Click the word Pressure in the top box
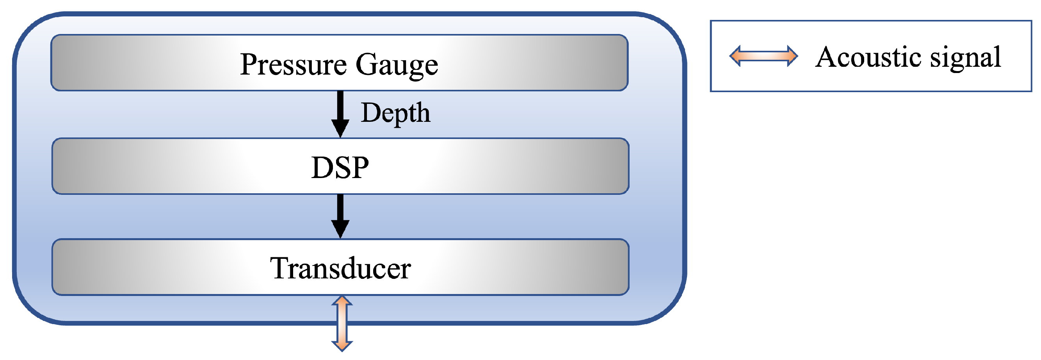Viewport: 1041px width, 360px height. tap(294, 65)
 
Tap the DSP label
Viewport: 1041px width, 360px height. tap(340, 167)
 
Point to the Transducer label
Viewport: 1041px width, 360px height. tap(340, 268)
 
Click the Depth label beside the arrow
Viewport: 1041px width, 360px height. tap(395, 113)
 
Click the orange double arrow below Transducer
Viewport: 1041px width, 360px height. tap(342, 323)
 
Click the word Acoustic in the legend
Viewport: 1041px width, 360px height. tap(868, 57)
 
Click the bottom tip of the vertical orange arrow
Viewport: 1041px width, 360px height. tap(342, 350)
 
